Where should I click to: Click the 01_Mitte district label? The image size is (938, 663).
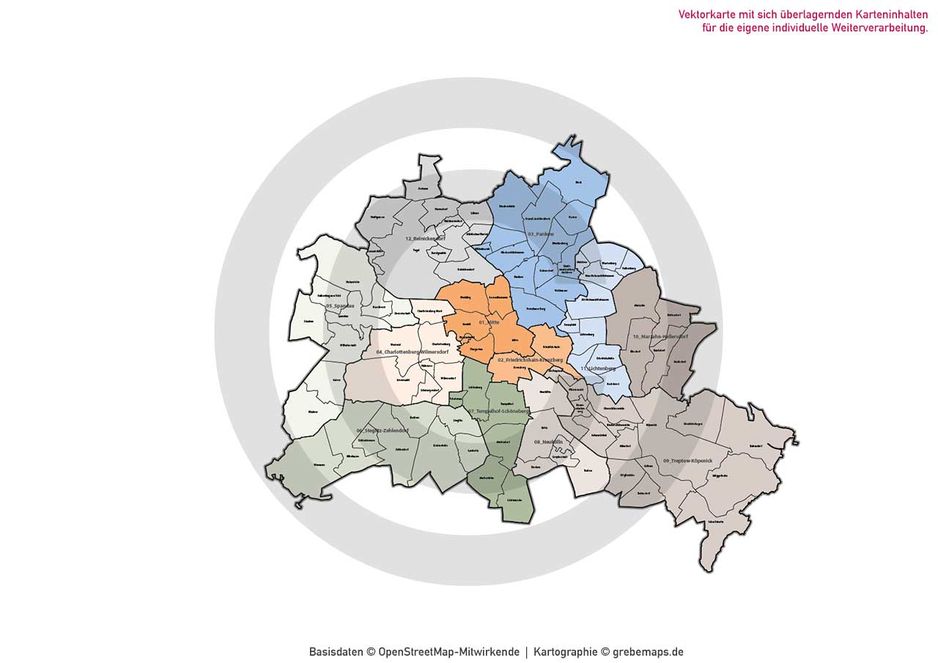coord(489,322)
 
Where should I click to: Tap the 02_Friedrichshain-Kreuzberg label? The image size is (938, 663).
coord(530,360)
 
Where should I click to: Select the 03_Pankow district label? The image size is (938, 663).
coord(540,234)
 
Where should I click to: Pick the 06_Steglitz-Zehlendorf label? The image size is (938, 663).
coord(382,431)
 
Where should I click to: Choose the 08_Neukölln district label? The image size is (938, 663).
coord(548,442)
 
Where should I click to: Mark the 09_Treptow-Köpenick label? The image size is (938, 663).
coord(687,460)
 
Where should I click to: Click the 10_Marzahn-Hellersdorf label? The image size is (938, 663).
coord(660,337)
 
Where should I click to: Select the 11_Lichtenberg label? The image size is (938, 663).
coord(598,368)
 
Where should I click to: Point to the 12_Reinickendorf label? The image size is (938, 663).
coord(425,239)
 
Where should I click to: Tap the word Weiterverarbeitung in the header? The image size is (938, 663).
coord(879,28)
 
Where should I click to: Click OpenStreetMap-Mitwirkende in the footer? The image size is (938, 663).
coord(448,652)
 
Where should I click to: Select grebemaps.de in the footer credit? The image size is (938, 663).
coord(648,652)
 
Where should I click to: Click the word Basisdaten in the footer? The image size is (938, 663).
coord(336,652)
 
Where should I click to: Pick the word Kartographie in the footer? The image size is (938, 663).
coord(565,652)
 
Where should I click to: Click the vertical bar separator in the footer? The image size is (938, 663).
coord(526,652)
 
